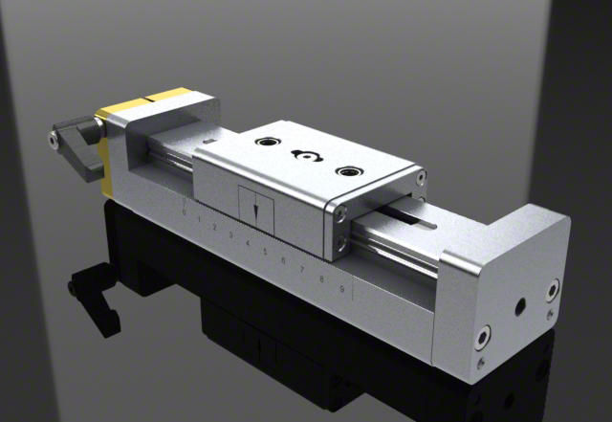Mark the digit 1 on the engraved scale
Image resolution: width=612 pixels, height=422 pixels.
pos(198,219)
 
